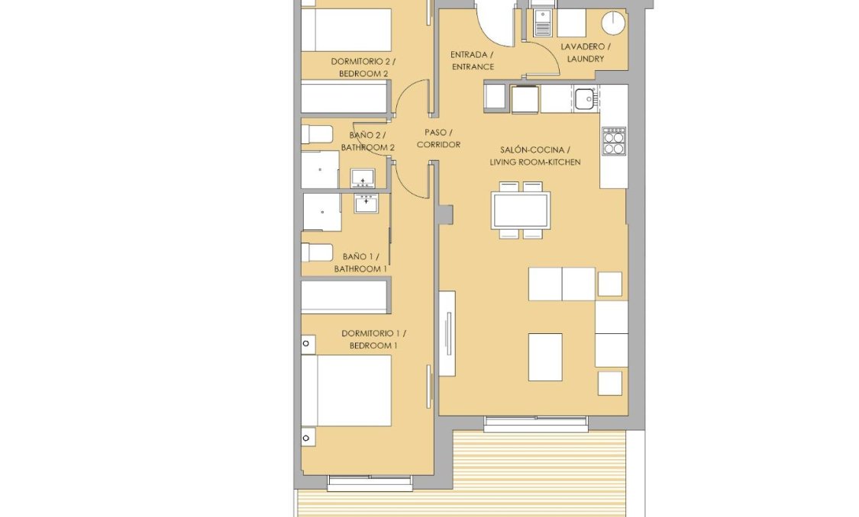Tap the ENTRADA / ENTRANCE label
tap(472, 60)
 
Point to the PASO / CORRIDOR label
tap(438, 138)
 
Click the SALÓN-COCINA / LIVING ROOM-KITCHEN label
tap(534, 156)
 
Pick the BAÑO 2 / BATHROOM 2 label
tap(367, 141)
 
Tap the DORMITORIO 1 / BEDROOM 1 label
tap(373, 339)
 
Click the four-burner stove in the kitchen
tap(614, 141)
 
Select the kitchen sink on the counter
tap(586, 98)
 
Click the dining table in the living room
tap(521, 210)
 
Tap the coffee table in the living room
tap(545, 357)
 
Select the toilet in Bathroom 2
tap(317, 135)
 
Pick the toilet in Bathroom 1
tap(317, 252)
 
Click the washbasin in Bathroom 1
tap(367, 203)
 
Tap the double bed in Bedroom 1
tap(346, 390)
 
